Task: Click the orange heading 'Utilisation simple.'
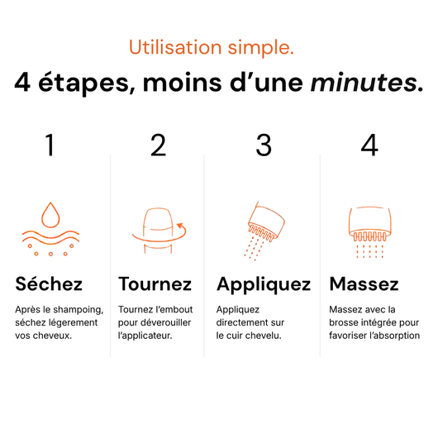pyautogui.click(x=212, y=47)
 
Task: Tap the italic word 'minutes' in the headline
pyautogui.click(x=364, y=83)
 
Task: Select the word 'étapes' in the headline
pyautogui.click(x=87, y=83)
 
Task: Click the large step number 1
pyautogui.click(x=50, y=145)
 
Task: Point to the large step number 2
pyautogui.click(x=158, y=145)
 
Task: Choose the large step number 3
pyautogui.click(x=264, y=145)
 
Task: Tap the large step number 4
pyautogui.click(x=369, y=145)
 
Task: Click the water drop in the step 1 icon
pyautogui.click(x=50, y=215)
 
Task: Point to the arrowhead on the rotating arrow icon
pyautogui.click(x=180, y=225)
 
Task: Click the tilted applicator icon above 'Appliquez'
pyautogui.click(x=264, y=231)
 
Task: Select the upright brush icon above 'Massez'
pyautogui.click(x=369, y=232)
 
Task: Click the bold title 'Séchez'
pyautogui.click(x=49, y=283)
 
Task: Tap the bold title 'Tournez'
pyautogui.click(x=155, y=284)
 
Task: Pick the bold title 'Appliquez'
pyautogui.click(x=264, y=285)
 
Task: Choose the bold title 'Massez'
pyautogui.click(x=364, y=284)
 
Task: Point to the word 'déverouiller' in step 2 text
pyautogui.click(x=166, y=322)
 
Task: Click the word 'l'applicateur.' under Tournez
pyautogui.click(x=145, y=336)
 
